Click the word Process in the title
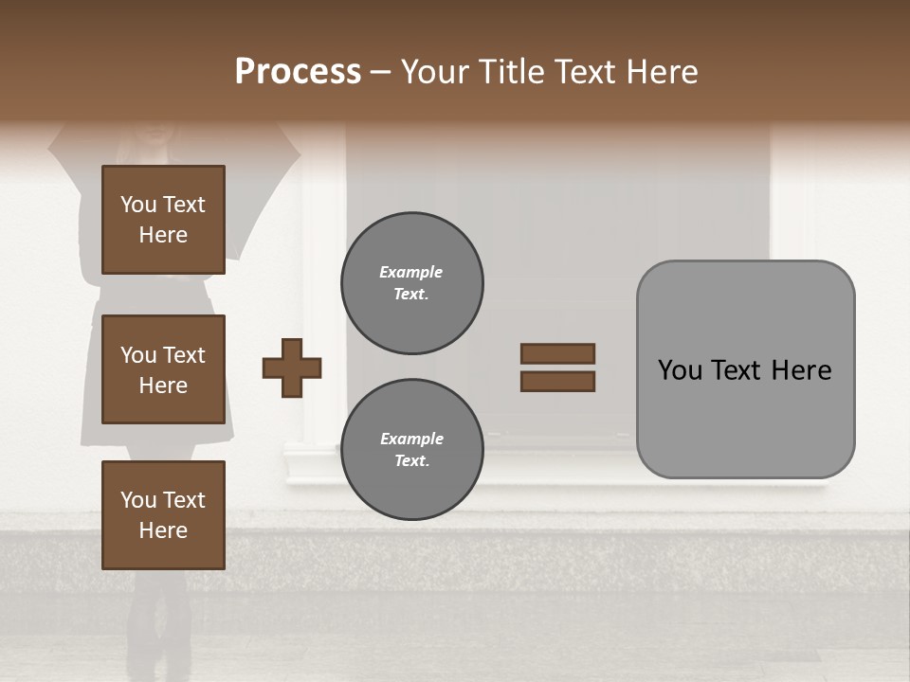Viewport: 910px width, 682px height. pyautogui.click(x=298, y=72)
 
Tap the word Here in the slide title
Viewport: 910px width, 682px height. pyautogui.click(x=658, y=72)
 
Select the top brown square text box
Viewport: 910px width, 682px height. pyautogui.click(x=163, y=220)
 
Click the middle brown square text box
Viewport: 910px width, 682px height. pyautogui.click(x=163, y=369)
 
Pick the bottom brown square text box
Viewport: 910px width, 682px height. pyautogui.click(x=163, y=514)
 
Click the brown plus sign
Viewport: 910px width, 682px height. pyautogui.click(x=292, y=368)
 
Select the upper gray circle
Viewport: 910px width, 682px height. pyautogui.click(x=411, y=283)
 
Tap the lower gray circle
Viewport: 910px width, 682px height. pyautogui.click(x=411, y=449)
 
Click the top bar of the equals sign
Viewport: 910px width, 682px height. pyautogui.click(x=557, y=353)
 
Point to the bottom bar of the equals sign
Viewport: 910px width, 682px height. pyautogui.click(x=557, y=381)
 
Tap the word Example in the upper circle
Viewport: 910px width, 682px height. pyautogui.click(x=410, y=272)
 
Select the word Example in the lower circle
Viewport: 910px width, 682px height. pyautogui.click(x=411, y=439)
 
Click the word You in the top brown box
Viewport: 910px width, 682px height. pyautogui.click(x=138, y=205)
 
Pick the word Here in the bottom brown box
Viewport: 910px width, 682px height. pyautogui.click(x=163, y=530)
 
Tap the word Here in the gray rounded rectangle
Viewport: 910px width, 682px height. pyautogui.click(x=801, y=370)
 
